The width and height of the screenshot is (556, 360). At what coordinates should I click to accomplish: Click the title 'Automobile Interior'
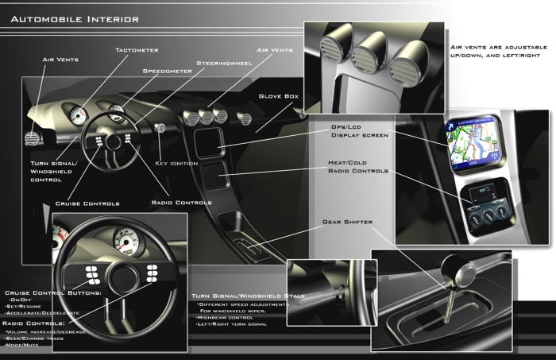pyautogui.click(x=75, y=18)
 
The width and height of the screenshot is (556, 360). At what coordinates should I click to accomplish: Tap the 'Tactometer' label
pyautogui.click(x=137, y=49)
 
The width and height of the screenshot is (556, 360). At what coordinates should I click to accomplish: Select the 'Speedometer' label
pyautogui.click(x=166, y=70)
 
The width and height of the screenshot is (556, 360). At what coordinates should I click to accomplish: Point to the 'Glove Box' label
pyautogui.click(x=278, y=96)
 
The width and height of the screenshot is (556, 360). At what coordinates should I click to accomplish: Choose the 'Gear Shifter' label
pyautogui.click(x=347, y=222)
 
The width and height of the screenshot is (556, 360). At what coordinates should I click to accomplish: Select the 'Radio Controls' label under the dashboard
pyautogui.click(x=181, y=203)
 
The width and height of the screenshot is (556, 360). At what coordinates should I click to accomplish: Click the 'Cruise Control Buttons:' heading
pyautogui.click(x=52, y=292)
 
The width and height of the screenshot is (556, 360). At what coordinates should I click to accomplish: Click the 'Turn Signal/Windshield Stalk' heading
pyautogui.click(x=248, y=296)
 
